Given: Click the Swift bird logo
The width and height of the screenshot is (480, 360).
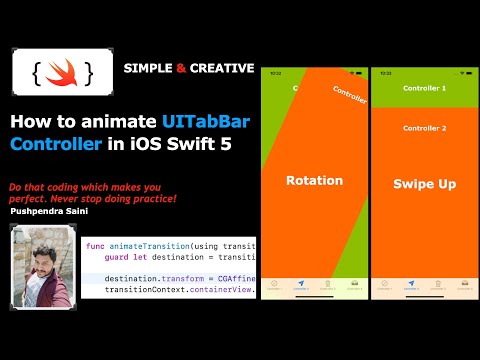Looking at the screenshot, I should pos(57,73).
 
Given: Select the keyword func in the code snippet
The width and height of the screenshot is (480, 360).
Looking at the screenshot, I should pos(96,246).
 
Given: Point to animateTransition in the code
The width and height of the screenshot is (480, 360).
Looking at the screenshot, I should pos(147,246).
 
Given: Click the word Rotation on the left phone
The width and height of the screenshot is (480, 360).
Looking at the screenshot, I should pos(314,181).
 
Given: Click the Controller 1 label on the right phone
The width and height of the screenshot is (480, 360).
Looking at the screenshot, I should pos(424,89).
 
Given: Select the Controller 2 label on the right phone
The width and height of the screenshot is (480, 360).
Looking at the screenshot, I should pos(424,128).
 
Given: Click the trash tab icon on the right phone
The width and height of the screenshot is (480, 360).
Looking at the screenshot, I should pos(438,285).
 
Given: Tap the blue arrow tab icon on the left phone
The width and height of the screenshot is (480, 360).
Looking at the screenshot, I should pos(301,285).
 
